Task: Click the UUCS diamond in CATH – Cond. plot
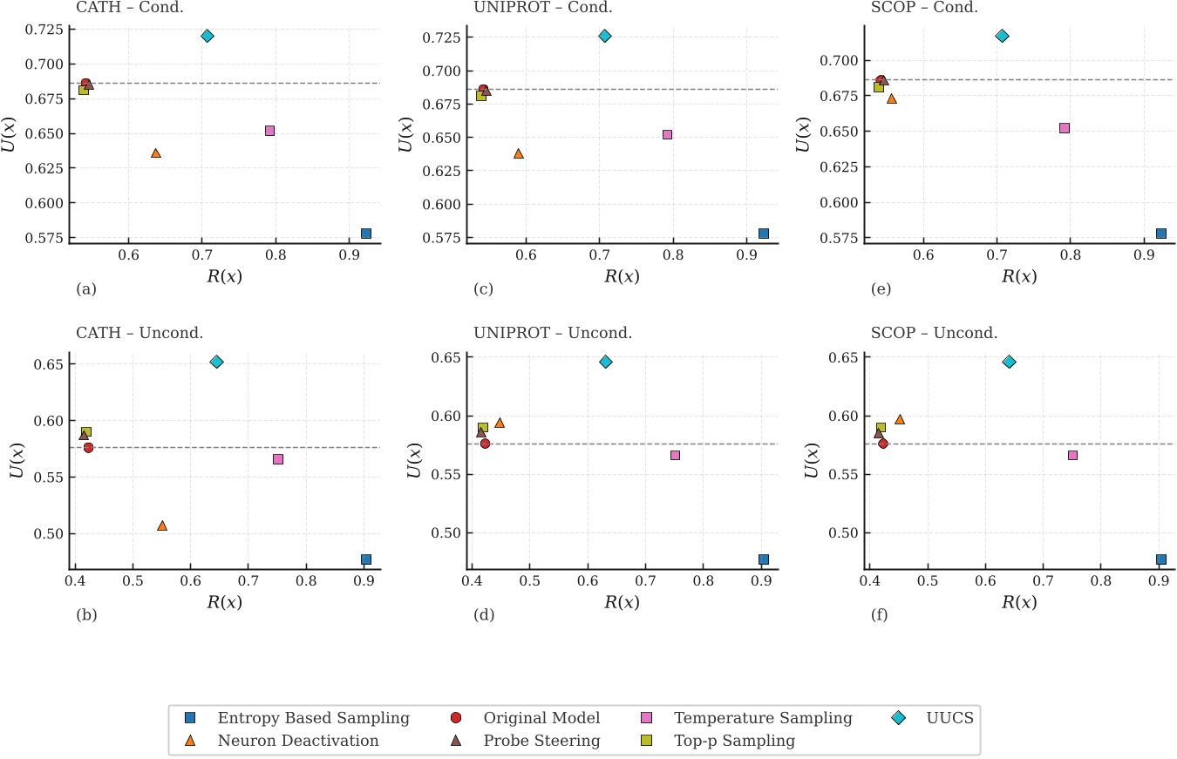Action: click(207, 36)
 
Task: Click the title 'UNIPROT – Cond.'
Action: click(542, 8)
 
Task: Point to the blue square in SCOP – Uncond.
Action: click(1160, 559)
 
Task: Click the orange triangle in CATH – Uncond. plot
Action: click(161, 525)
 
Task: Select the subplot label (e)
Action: click(881, 289)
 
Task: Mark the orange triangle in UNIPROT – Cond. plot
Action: click(519, 153)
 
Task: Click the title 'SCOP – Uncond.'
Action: click(934, 333)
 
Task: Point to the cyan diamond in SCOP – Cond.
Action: click(1002, 36)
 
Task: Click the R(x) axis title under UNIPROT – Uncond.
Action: click(622, 601)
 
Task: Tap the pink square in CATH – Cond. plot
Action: click(269, 131)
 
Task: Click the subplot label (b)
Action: click(86, 615)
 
